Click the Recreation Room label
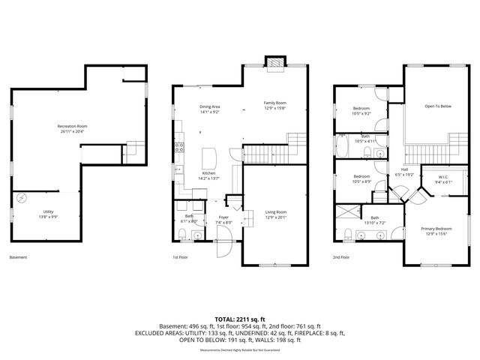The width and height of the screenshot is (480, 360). [73, 126]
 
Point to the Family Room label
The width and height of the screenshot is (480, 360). [275, 103]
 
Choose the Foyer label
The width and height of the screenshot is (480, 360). [223, 219]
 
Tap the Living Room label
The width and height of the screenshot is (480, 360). [276, 212]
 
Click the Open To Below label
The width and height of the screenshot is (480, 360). [438, 106]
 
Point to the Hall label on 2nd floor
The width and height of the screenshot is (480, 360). [404, 169]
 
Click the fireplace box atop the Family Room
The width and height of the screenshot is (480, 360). [275, 65]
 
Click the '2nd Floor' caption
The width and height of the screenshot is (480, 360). [341, 257]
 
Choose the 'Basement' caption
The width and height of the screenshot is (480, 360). [19, 257]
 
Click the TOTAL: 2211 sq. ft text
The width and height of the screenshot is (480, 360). [239, 319]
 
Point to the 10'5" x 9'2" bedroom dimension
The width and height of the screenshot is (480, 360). [362, 114]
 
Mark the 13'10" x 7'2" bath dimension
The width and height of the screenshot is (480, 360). [374, 223]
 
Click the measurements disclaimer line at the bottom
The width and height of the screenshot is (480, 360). [239, 350]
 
